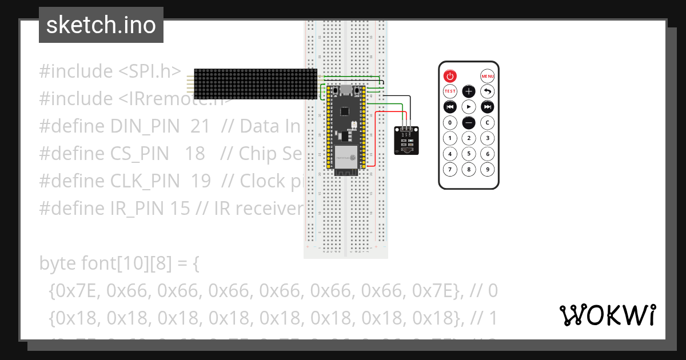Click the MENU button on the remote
487,76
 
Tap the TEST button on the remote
450,91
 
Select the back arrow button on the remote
487,91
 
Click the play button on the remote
469,107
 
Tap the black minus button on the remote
469,122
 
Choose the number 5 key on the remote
469,154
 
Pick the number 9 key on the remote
487,169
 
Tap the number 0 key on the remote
450,122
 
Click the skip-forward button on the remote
487,107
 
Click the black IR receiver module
406,141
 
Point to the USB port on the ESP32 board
345,90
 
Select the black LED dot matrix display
255,84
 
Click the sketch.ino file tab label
101,25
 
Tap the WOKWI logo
607,315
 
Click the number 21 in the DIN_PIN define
200,126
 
